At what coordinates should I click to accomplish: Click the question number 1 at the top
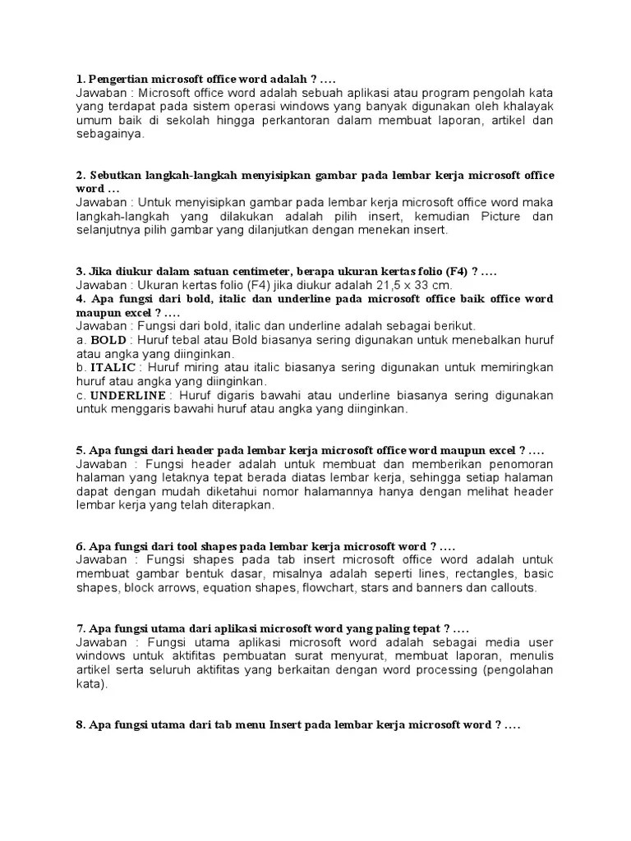tap(80, 80)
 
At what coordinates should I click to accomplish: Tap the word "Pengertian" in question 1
tap(117, 80)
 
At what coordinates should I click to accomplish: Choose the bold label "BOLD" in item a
tap(108, 340)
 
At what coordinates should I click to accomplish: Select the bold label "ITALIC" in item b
tap(113, 367)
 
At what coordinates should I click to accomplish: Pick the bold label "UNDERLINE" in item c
tap(128, 395)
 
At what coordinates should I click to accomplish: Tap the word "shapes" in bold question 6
tap(219, 546)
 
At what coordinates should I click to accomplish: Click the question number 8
tap(80, 726)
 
